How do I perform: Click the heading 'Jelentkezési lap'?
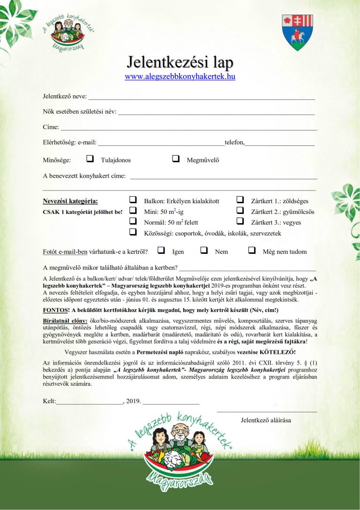coord(180,62)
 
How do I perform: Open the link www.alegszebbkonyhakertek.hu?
coord(180,76)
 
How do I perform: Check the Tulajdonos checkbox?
coord(90,159)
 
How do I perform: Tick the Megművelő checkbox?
coord(176,159)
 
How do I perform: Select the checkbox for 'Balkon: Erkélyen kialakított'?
coord(133,200)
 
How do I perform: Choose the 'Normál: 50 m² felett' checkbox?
coord(133,221)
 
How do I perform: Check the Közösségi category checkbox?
coord(133,232)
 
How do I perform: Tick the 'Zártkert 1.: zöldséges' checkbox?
coord(240,200)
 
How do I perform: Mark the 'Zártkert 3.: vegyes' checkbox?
coord(240,221)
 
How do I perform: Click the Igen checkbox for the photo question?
coord(161,251)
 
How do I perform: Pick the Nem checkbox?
coord(204,251)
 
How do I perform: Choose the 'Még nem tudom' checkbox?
coord(252,251)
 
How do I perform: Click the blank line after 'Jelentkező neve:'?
coord(202,98)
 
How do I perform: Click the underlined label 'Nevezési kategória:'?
coord(70,201)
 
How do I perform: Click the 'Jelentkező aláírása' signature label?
coord(266,420)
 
